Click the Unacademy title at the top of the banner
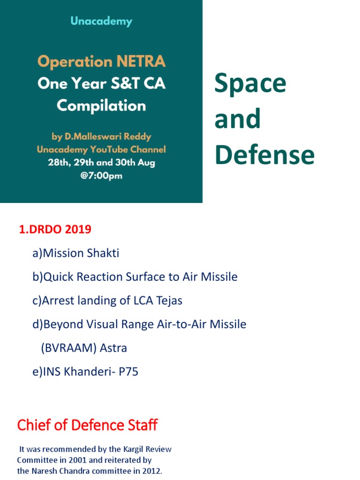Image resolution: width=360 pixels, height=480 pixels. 101,22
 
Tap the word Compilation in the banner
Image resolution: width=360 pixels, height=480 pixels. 101,105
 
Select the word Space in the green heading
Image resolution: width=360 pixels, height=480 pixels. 250,83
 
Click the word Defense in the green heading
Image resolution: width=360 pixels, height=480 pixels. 264,155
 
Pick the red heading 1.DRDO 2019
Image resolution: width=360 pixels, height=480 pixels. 55,230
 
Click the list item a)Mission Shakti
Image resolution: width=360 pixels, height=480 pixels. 76,254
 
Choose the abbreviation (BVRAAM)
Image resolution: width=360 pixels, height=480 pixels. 69,348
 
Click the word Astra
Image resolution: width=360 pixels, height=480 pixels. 113,348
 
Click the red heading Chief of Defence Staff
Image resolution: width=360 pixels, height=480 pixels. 87,425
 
